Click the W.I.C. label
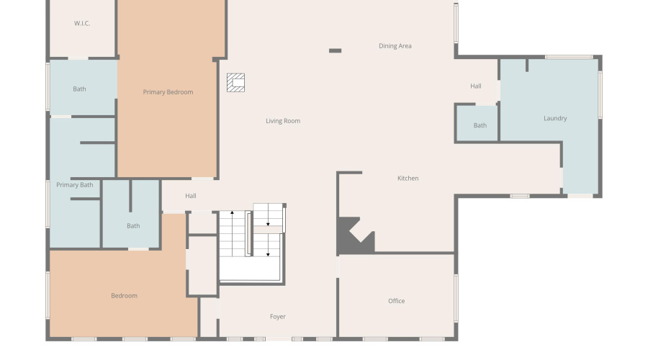click(81, 24)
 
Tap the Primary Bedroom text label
click(168, 92)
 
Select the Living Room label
click(283, 121)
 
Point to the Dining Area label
click(395, 46)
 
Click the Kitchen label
click(408, 179)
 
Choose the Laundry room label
click(555, 118)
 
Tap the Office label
click(397, 301)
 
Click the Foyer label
click(278, 317)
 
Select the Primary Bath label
click(75, 185)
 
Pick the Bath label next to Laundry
click(480, 125)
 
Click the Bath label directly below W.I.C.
click(79, 89)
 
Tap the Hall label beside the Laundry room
click(476, 86)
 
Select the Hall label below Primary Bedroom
click(191, 196)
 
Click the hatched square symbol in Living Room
click(236, 83)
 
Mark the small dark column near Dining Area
click(335, 50)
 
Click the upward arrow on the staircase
click(232, 214)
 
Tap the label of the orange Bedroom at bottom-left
click(124, 296)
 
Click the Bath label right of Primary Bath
click(133, 226)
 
